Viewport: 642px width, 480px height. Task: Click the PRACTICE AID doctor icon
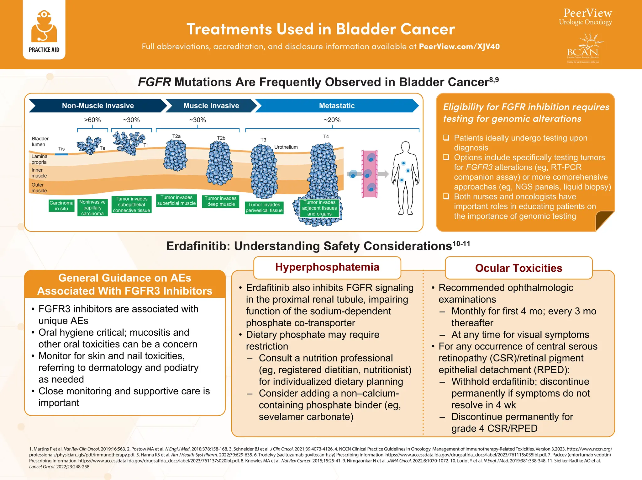click(44, 27)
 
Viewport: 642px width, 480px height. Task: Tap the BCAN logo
click(583, 49)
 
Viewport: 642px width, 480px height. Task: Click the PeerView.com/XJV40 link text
click(459, 47)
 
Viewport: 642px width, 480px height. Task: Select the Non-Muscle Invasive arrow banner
click(98, 106)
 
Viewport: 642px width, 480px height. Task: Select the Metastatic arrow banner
click(337, 106)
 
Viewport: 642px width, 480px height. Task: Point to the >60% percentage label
click(92, 120)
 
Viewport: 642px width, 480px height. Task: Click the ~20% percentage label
click(332, 120)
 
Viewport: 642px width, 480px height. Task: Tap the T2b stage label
click(221, 138)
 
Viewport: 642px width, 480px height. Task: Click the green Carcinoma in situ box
click(61, 206)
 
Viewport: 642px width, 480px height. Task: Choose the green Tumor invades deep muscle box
click(221, 201)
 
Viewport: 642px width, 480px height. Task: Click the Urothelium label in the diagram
click(286, 147)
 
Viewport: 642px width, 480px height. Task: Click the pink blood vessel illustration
click(370, 174)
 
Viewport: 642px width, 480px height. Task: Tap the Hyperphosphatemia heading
click(327, 267)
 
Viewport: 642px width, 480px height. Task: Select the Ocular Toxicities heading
click(518, 268)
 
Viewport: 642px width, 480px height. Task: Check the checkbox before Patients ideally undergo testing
click(446, 138)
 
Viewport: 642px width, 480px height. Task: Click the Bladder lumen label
click(40, 141)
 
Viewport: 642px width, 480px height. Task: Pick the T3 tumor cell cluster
click(264, 171)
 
